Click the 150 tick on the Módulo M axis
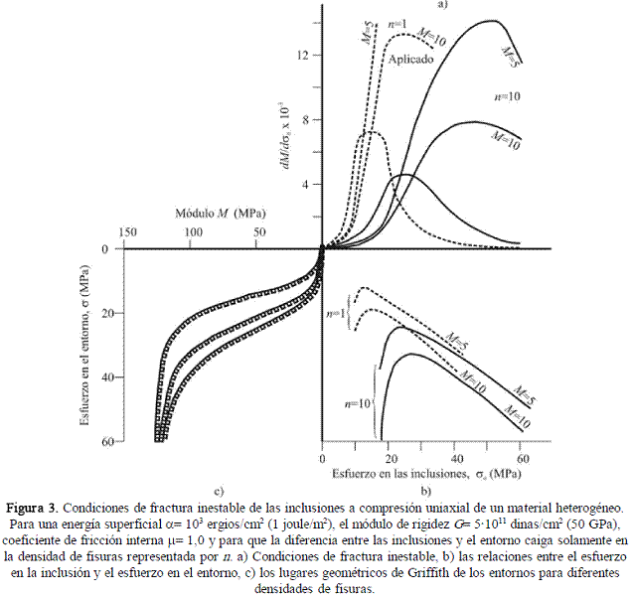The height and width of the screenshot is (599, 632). [x=127, y=231]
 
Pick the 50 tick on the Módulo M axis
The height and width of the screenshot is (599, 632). [x=258, y=231]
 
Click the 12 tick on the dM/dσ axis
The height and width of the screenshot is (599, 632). [x=306, y=56]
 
